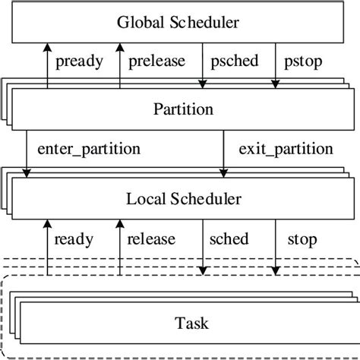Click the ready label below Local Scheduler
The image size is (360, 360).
(74, 240)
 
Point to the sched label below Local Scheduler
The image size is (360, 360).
(229, 240)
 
